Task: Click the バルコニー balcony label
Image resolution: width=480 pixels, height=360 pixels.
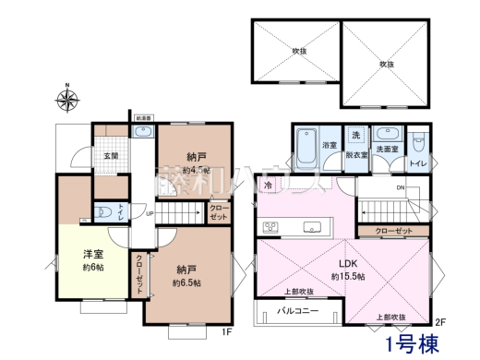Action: click(299, 312)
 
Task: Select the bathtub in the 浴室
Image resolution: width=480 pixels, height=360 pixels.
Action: click(306, 146)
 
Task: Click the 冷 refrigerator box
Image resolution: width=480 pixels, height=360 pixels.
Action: click(269, 186)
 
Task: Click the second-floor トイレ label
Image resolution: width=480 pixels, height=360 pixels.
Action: click(417, 164)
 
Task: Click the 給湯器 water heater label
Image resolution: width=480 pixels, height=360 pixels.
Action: click(143, 118)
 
